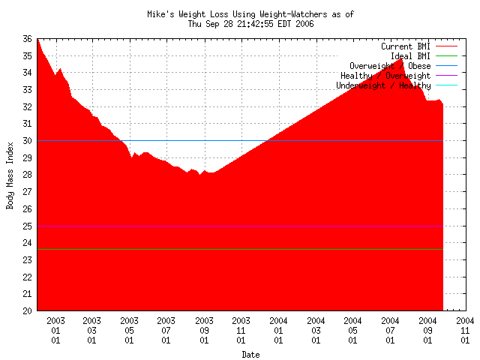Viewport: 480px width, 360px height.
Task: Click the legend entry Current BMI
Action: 406,46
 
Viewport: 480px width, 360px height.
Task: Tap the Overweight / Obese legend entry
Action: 390,66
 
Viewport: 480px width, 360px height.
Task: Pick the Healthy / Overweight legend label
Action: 385,76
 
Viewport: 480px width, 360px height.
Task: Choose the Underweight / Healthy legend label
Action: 383,85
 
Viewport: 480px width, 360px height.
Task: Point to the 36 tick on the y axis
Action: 27,39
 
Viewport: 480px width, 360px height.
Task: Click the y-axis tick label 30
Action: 27,141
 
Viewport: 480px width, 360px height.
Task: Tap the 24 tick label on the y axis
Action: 27,243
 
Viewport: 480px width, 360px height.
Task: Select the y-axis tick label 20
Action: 27,310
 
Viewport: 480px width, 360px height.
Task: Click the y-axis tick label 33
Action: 27,90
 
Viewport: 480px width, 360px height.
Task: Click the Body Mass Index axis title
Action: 10,175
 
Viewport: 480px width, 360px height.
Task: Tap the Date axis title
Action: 250,355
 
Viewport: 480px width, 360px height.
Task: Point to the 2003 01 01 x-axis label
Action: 55,330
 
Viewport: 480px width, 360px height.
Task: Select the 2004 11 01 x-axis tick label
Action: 465,330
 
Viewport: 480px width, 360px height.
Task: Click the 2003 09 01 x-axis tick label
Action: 204,330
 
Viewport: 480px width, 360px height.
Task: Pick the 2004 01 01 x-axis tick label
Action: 278,330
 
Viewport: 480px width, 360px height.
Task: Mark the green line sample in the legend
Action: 446,56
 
